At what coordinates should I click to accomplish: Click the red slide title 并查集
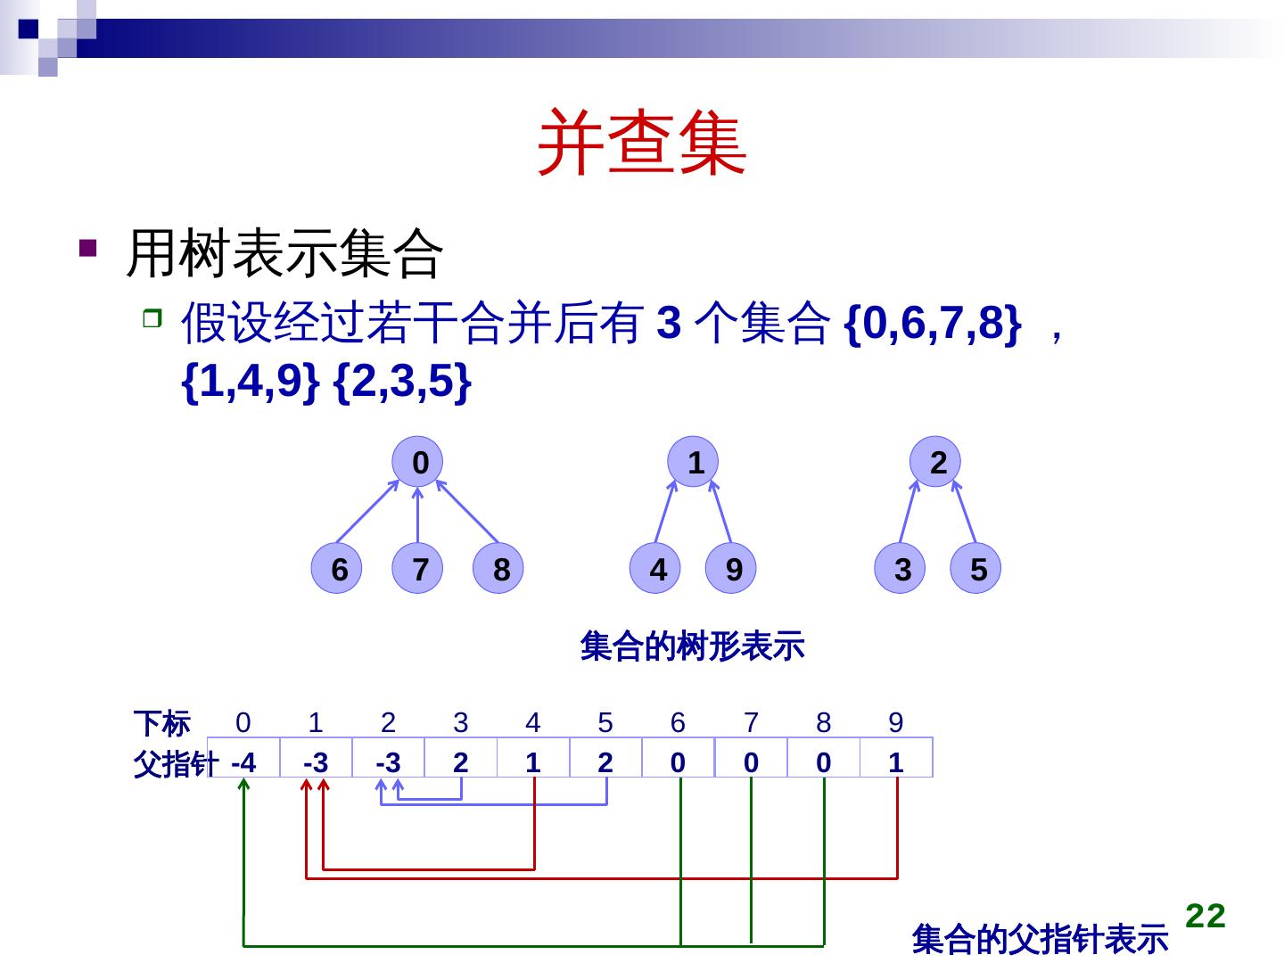(x=642, y=143)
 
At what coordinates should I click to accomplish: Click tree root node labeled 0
(x=418, y=462)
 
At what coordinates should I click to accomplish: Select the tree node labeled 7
(x=418, y=568)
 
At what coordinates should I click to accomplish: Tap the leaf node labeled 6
(x=337, y=568)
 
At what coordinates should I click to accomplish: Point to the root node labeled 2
(x=935, y=462)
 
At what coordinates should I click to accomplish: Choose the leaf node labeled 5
(x=976, y=568)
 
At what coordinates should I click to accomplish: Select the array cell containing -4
(x=243, y=762)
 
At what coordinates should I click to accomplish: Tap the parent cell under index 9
(x=896, y=762)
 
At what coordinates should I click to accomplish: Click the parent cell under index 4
(x=533, y=762)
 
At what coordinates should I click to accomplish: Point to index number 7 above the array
(x=751, y=722)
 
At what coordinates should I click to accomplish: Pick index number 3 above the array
(x=461, y=722)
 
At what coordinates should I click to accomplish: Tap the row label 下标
(x=161, y=723)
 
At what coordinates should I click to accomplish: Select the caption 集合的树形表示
(x=692, y=646)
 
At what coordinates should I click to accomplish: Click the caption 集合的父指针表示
(x=1040, y=939)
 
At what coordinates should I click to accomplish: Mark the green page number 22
(x=1206, y=916)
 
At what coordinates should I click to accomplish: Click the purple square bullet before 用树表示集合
(x=87, y=247)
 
